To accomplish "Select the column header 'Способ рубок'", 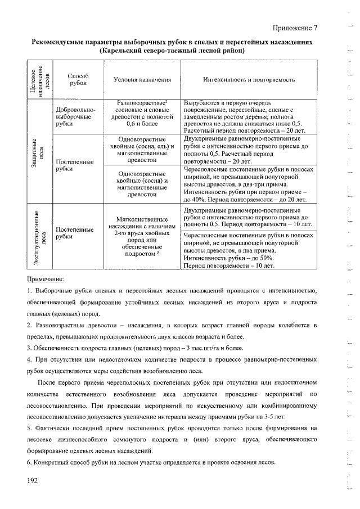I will click(78, 79).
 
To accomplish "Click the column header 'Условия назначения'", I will click(142, 80).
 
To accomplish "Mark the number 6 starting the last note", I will click(28, 462).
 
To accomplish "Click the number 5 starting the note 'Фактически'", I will click(28, 428).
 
